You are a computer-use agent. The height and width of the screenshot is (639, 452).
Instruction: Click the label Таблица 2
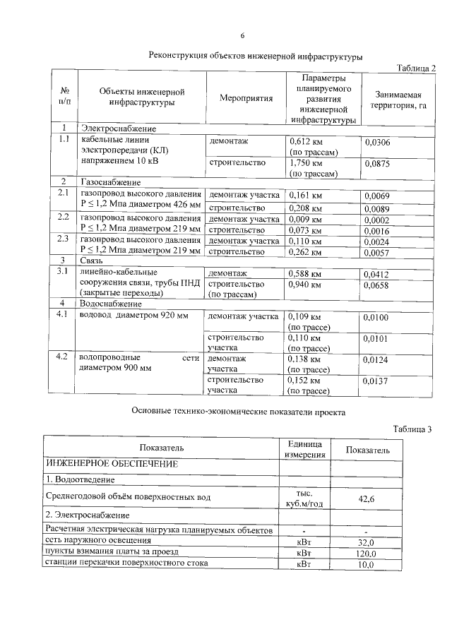click(417, 68)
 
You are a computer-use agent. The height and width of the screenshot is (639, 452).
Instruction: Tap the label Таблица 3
click(412, 429)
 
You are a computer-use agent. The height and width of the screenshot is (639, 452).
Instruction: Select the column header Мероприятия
click(246, 99)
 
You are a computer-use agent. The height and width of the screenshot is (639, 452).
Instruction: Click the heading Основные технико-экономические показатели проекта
click(239, 411)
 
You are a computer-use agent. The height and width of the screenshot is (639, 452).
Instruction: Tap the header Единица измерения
click(304, 448)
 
